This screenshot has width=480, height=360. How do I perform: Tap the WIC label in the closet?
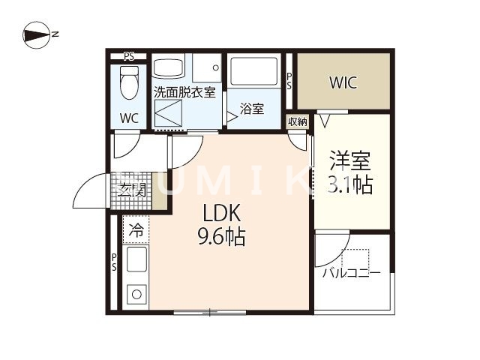pyautogui.click(x=342, y=82)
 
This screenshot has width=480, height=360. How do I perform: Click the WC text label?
pyautogui.click(x=130, y=118)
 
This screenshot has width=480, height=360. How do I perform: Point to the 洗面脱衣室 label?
pyautogui.click(x=184, y=94)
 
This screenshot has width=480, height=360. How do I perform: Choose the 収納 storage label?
pyautogui.click(x=297, y=122)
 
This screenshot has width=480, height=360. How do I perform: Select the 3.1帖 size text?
pyautogui.click(x=351, y=184)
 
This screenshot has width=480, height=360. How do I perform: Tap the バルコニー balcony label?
pyautogui.click(x=351, y=273)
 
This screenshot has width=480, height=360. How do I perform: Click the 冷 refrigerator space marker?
pyautogui.click(x=136, y=229)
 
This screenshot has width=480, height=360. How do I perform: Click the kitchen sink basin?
pyautogui.click(x=136, y=262)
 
